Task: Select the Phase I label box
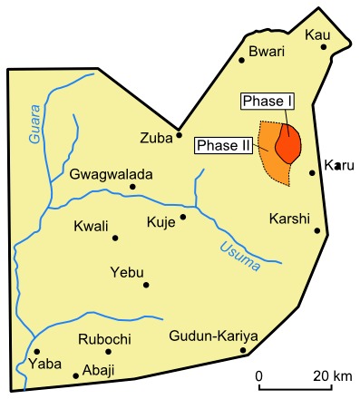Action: click(264, 101)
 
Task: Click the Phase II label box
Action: click(223, 146)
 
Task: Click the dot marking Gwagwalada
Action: click(132, 187)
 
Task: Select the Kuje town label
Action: click(161, 221)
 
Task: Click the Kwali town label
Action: click(91, 226)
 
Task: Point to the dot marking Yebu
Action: click(146, 285)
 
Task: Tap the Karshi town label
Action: click(290, 219)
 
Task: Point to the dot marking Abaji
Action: click(75, 375)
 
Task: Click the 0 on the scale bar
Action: click(258, 375)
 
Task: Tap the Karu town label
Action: click(339, 166)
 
